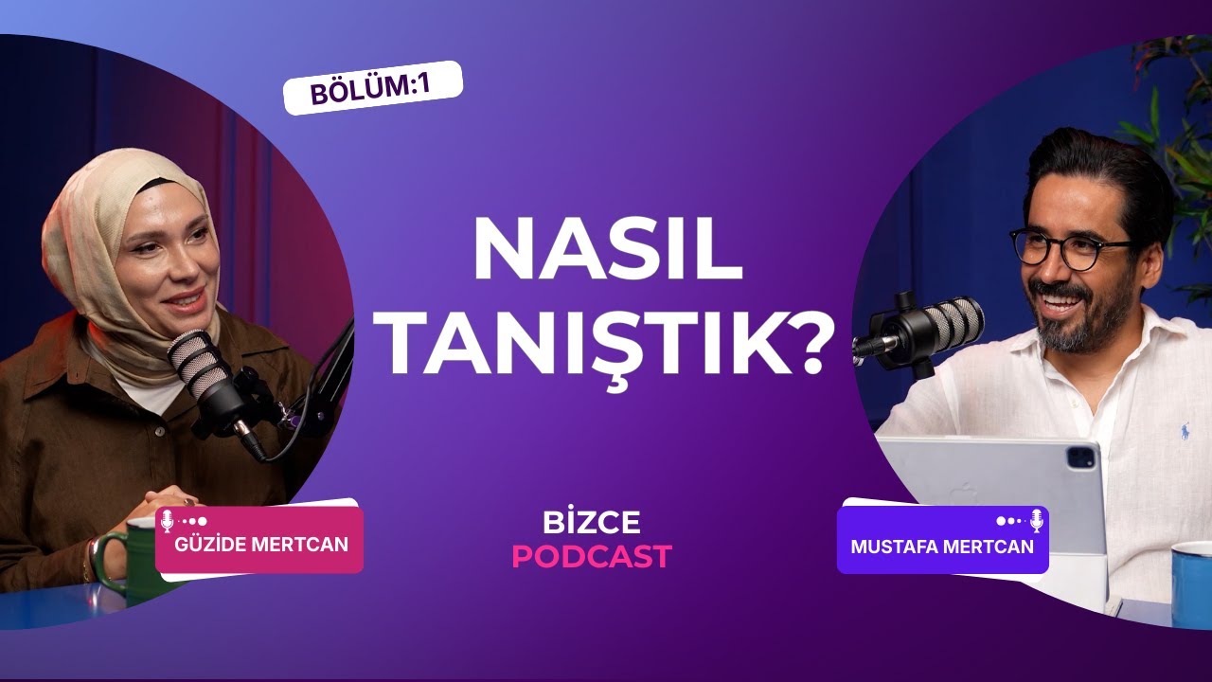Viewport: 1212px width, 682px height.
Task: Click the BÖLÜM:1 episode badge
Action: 372,88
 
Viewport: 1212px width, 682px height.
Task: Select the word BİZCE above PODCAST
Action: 592,522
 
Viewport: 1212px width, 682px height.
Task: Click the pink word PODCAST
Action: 592,556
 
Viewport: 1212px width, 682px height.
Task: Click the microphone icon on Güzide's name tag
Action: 168,520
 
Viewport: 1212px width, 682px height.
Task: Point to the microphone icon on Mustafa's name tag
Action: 1037,520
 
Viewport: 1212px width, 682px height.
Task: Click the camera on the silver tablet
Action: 1080,458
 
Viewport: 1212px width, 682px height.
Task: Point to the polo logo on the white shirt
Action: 1184,432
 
